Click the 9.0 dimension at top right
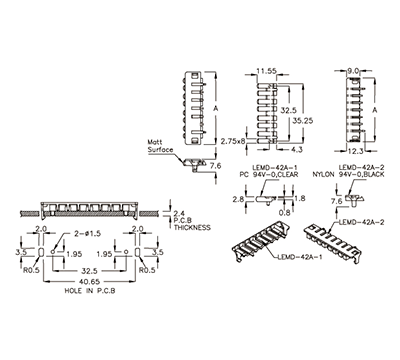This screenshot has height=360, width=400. [351, 71]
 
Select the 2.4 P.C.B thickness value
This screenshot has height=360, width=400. [180, 213]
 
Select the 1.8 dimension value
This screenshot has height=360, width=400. [299, 199]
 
